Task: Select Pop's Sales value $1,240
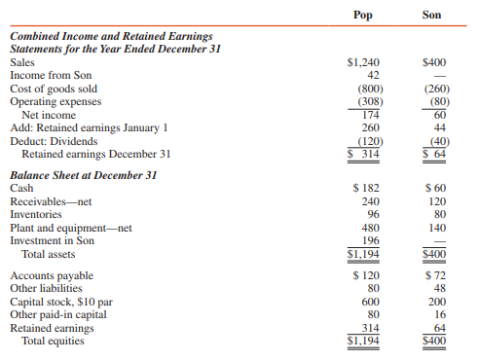(363, 61)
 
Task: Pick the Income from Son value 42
(370, 75)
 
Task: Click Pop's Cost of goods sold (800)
(367, 89)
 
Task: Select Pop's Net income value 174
(369, 115)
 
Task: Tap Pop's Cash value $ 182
(365, 187)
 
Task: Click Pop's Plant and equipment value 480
(369, 227)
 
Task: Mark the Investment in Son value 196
(369, 240)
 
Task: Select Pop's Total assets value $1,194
(364, 254)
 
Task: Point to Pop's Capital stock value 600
(369, 302)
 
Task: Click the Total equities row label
(53, 342)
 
